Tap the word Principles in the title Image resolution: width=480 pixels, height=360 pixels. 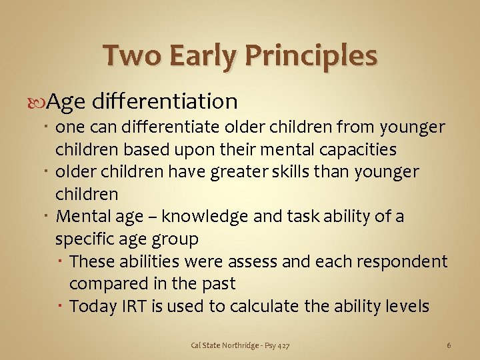tap(312, 55)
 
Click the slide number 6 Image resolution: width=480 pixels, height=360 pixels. tap(449, 345)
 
